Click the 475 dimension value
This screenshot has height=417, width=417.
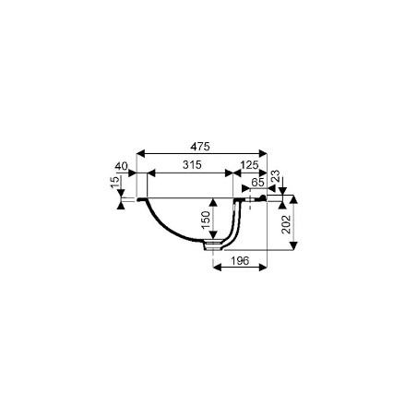click(200, 147)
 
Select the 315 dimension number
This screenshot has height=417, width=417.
click(192, 165)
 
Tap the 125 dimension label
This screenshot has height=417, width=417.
click(249, 165)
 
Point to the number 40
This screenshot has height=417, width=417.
click(121, 166)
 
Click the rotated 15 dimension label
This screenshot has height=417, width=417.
click(114, 183)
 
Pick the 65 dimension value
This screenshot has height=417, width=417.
click(257, 183)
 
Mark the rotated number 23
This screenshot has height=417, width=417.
click(276, 175)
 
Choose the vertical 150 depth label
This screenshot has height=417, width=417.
click(206, 220)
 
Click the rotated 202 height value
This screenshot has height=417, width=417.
click(286, 224)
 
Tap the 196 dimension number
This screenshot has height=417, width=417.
click(240, 261)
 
